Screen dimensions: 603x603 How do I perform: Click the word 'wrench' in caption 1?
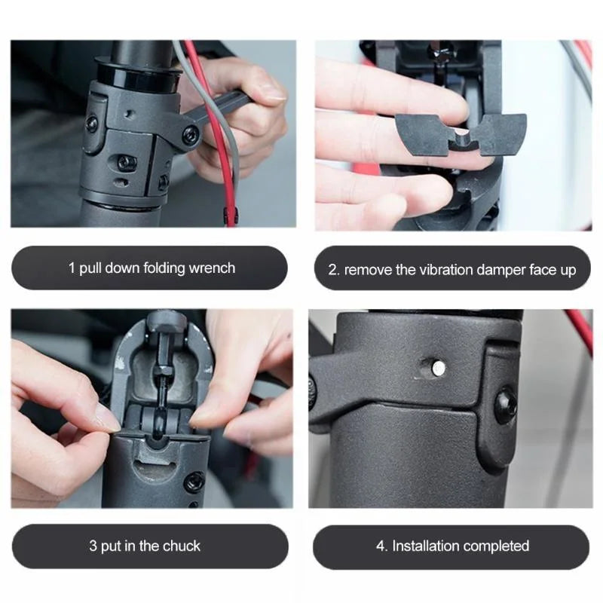point(213,268)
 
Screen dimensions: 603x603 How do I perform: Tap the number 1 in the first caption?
point(72,268)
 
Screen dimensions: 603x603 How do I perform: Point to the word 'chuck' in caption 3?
point(182,546)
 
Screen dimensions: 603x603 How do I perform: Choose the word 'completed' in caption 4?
point(496,546)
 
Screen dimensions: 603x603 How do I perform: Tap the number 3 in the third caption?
point(93,546)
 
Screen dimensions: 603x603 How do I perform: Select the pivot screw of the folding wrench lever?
point(191,135)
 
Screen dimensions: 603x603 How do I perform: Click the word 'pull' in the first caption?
point(90,268)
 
